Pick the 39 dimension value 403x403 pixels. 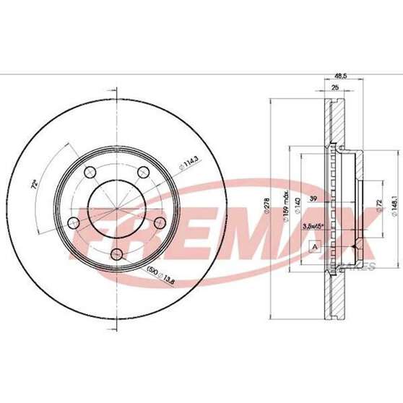point(313,199)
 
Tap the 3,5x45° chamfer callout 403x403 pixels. point(313,225)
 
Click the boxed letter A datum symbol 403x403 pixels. point(313,248)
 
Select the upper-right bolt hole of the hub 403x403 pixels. point(142,170)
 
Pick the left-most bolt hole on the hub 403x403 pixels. point(74,221)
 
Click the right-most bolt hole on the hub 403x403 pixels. point(159,221)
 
